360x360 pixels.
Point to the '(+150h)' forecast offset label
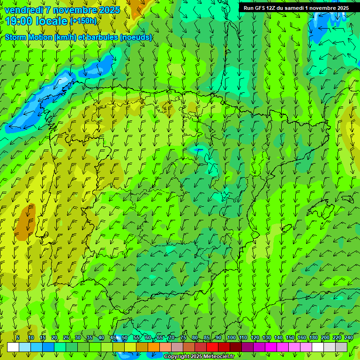pos(83,21)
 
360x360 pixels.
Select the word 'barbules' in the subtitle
pos(104,37)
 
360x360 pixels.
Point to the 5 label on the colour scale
pos(18,337)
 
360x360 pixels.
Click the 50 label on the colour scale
pos(125,337)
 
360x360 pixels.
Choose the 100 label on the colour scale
pos(232,337)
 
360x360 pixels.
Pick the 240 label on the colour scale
pos(349,337)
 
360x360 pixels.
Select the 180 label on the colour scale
pos(313,337)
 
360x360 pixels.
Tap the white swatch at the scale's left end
pos(13,347)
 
